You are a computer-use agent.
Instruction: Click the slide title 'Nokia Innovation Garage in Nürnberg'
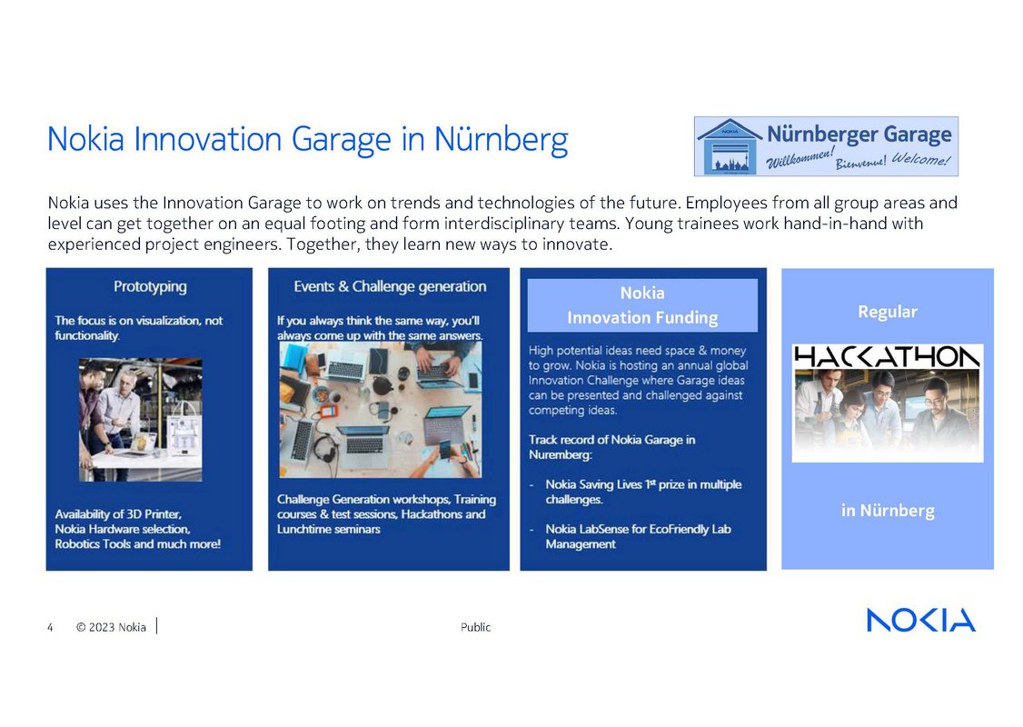pos(307,140)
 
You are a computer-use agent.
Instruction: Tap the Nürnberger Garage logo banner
pos(825,145)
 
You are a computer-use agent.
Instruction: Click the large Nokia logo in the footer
pos(920,620)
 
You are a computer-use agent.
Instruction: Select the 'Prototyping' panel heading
pos(150,286)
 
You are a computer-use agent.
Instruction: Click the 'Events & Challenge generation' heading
pos(390,286)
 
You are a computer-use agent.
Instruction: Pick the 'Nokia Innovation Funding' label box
pos(642,305)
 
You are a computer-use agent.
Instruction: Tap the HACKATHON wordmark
pos(887,356)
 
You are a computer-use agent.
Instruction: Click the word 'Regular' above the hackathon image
pos(887,312)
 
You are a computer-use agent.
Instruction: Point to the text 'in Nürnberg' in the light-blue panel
pos(887,510)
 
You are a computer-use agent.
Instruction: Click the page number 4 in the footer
pos(50,627)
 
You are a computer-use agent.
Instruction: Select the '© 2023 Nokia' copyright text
pos(111,627)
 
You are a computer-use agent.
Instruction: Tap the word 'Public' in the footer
pos(475,627)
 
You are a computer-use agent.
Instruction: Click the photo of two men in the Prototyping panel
pos(140,419)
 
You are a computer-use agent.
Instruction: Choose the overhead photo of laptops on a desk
pos(380,410)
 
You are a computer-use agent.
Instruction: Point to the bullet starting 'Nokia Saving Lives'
pos(642,492)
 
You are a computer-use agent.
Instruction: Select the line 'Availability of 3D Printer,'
pos(118,514)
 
